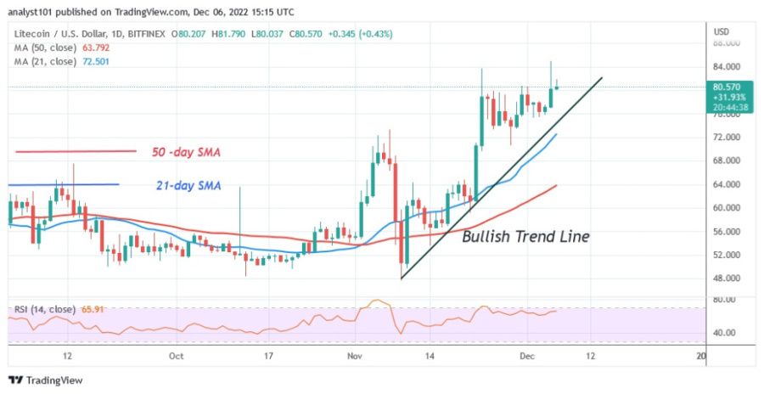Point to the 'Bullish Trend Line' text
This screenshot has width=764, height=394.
(x=525, y=237)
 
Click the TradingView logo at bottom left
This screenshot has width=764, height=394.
(x=47, y=380)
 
